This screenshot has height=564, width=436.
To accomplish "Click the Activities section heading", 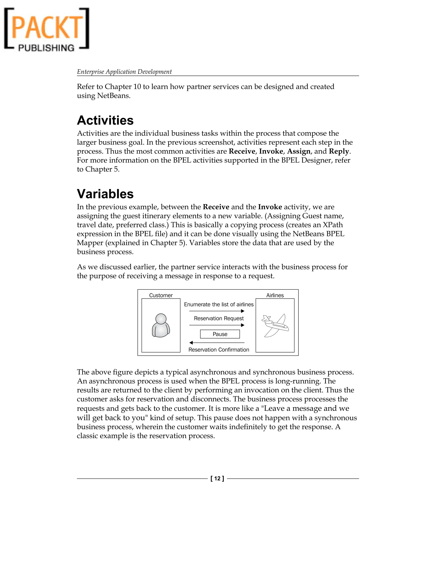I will pos(105,120).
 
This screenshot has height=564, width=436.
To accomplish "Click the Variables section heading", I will pos(105,194).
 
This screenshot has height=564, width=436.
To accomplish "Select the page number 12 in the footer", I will pos(217,478).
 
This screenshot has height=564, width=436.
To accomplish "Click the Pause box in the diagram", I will pos(220,334).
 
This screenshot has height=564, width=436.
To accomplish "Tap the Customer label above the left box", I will pos(161,295).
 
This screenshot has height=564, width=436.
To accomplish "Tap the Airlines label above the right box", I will pos(275,295).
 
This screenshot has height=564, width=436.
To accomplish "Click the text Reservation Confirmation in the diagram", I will pos(218,350).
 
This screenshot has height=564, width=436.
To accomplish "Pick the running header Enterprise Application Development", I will pos(124,72).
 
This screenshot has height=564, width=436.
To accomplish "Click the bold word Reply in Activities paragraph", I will pos(339,151).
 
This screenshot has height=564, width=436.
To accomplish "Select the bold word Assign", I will pos(299,151).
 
